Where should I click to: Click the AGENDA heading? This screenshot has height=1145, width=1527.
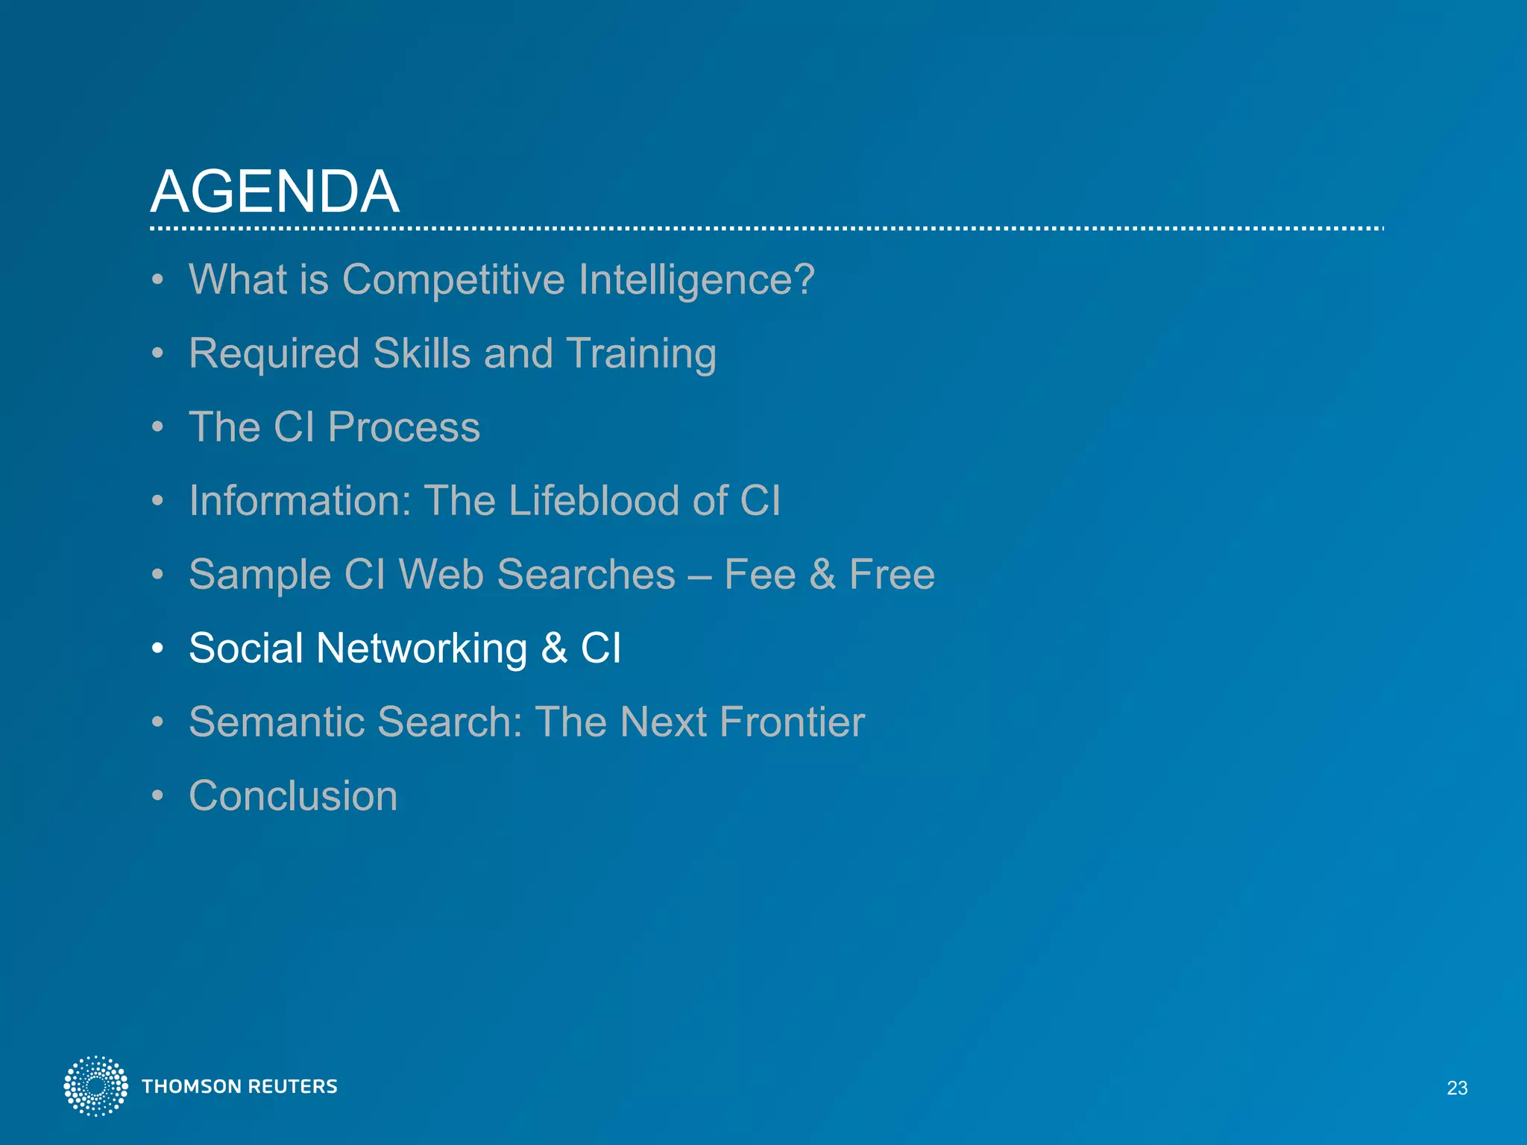[x=274, y=192]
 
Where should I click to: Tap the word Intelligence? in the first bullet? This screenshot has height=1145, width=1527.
[x=696, y=280]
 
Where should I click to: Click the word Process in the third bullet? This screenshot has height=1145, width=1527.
[x=403, y=428]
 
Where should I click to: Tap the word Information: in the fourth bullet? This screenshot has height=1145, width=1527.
[x=300, y=500]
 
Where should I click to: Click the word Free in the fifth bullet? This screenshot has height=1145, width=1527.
[x=892, y=575]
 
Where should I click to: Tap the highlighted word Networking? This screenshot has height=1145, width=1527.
[x=421, y=649]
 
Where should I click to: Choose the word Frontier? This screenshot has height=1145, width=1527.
[x=792, y=722]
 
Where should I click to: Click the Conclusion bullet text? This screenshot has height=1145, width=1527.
[x=293, y=796]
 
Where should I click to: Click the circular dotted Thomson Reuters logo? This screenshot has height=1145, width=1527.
[x=95, y=1086]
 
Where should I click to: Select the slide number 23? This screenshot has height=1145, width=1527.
[x=1456, y=1088]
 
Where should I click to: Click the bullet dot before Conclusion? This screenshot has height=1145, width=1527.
[x=157, y=796]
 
